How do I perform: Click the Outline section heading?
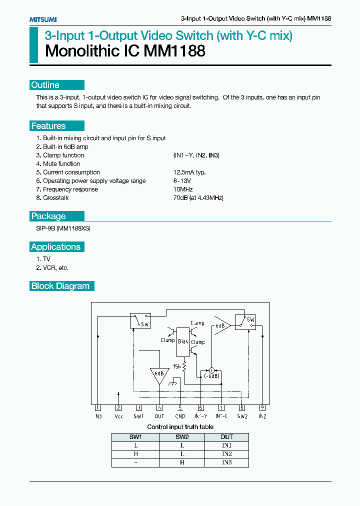click(x=45, y=85)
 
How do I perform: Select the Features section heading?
click(x=48, y=126)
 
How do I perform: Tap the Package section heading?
click(x=48, y=216)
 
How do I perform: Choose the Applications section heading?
click(x=55, y=247)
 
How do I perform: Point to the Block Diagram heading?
click(x=60, y=286)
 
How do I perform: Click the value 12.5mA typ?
click(x=189, y=172)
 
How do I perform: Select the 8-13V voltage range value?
click(x=182, y=181)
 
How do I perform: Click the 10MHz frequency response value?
click(x=183, y=189)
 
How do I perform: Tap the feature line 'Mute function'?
click(x=61, y=164)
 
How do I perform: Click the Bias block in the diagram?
click(x=183, y=341)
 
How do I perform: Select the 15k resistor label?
click(x=177, y=366)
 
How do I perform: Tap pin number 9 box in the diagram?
click(x=262, y=407)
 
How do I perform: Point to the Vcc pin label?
click(x=118, y=416)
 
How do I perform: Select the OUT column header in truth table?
click(x=226, y=436)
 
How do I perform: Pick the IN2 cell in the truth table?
click(x=226, y=454)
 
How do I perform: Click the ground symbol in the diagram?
click(x=172, y=383)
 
